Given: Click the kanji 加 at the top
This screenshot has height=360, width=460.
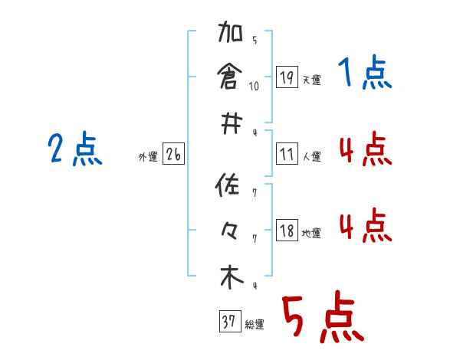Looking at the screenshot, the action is click(231, 36).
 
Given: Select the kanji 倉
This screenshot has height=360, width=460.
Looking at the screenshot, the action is click(231, 77).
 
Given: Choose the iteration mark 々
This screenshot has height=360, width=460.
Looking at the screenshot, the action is click(231, 231).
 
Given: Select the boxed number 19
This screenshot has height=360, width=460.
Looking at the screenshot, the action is click(287, 77).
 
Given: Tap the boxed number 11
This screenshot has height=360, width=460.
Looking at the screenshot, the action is click(287, 155).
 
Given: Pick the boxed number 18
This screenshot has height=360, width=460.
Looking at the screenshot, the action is click(287, 231).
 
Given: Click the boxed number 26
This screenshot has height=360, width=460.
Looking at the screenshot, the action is click(173, 155).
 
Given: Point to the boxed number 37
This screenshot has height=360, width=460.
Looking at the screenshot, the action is click(228, 322).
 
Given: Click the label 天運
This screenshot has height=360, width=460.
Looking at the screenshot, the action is click(311, 80).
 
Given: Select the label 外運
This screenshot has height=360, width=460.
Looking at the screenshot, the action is click(148, 157).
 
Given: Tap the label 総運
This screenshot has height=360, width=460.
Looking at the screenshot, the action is click(255, 325).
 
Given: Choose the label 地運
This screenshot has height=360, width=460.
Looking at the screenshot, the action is click(311, 233).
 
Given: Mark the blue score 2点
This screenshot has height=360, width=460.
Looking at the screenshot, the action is click(75, 149).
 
